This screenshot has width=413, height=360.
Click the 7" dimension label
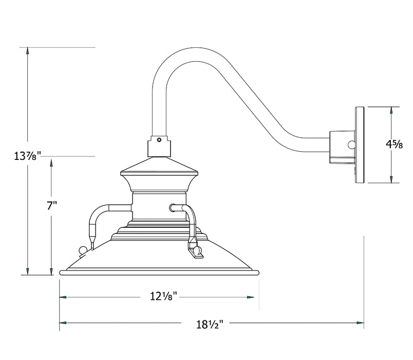(x=51, y=206)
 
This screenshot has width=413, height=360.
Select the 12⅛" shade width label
(x=164, y=296)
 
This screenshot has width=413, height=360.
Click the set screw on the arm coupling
(x=159, y=139)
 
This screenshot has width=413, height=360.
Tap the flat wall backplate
(x=360, y=145)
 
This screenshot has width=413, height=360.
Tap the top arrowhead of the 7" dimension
(x=51, y=163)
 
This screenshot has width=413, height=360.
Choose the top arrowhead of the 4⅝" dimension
(x=391, y=111)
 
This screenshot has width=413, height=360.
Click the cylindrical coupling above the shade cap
(x=159, y=146)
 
